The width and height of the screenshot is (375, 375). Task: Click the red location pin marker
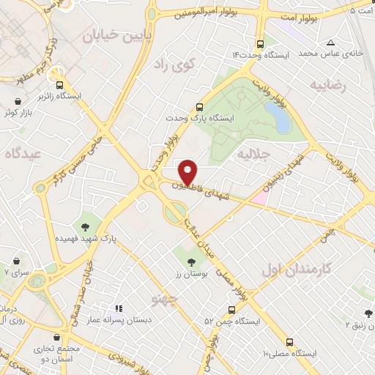click(x=188, y=171)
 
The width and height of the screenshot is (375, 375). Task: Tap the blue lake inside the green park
click(x=278, y=116)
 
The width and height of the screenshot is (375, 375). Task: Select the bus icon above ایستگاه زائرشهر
click(x=59, y=84)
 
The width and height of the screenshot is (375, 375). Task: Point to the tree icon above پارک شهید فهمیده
click(x=86, y=226)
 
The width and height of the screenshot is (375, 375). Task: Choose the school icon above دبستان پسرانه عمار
click(x=119, y=308)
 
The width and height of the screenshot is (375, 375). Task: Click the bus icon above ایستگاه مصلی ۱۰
click(x=290, y=342)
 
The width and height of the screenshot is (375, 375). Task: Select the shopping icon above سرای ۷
click(x=15, y=260)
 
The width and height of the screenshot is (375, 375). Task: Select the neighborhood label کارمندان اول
click(x=297, y=268)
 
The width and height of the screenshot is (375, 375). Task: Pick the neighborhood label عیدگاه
click(x=22, y=154)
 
